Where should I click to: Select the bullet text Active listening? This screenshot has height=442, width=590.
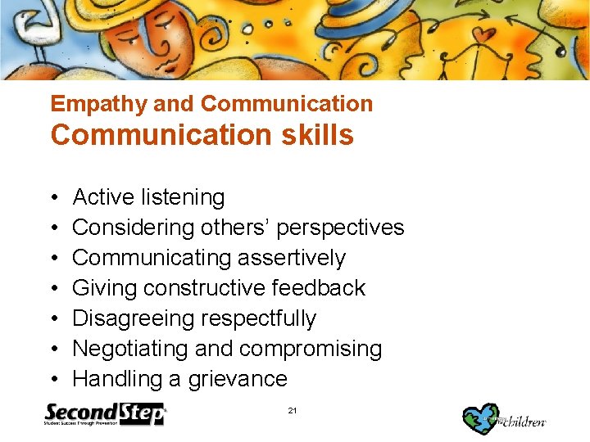click(x=148, y=197)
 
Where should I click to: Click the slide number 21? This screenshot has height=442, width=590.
click(x=293, y=410)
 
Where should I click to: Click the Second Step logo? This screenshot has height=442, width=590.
click(x=105, y=414)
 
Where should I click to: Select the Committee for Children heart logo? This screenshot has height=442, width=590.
click(x=482, y=417)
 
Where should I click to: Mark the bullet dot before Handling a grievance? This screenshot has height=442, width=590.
click(x=54, y=380)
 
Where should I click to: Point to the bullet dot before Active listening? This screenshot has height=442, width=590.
click(x=54, y=198)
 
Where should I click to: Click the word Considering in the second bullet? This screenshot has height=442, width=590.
click(x=132, y=228)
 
